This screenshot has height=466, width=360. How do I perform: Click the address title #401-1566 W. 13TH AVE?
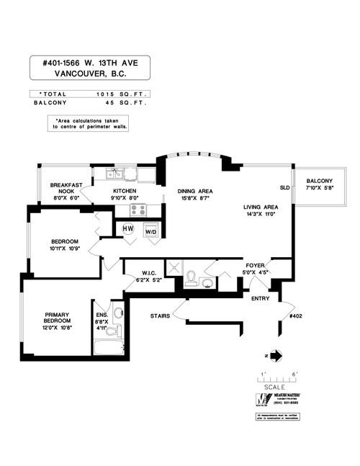coord(90,63)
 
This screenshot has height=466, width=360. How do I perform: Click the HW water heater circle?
coord(128,229)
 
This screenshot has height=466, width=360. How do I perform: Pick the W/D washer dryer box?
coord(151,231)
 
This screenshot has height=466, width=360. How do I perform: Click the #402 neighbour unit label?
coord(294,315)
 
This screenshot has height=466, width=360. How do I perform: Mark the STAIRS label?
coord(160,315)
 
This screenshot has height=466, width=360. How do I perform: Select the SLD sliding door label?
coord(284,187)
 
